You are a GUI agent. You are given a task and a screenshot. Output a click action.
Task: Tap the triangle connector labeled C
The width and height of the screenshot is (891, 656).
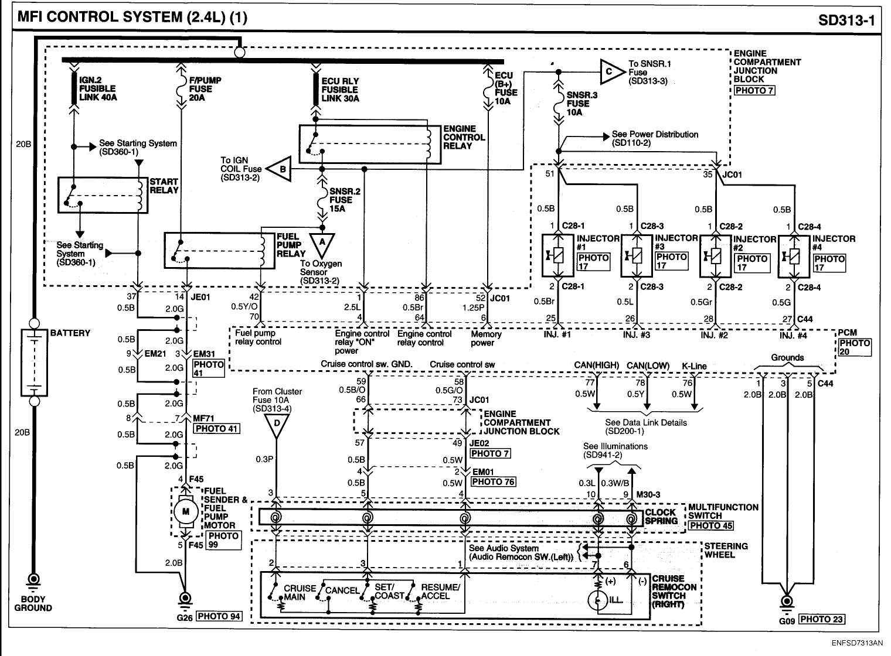pos(611,72)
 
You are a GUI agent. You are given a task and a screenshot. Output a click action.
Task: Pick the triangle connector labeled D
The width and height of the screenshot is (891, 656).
pos(277,425)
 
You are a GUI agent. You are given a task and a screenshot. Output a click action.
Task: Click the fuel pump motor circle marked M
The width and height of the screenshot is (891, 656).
pos(185,512)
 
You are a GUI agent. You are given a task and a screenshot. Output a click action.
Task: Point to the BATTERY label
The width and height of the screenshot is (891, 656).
pos(70,333)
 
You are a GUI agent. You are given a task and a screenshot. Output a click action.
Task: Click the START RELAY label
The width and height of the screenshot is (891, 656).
pos(164,186)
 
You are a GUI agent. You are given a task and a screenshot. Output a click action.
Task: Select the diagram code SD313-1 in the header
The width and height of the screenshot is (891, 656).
pos(846,20)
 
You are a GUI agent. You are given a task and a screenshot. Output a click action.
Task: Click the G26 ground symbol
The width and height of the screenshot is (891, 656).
pos(185,599)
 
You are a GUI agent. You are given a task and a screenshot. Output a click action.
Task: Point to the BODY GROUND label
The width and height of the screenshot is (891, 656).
pos(33,603)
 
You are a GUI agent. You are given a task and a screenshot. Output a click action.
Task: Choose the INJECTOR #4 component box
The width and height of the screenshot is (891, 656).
pos(794,257)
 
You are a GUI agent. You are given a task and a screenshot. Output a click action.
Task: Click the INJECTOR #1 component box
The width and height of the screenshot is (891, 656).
pos(557,255)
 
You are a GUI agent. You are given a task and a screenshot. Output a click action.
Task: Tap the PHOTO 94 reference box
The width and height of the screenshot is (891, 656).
pos(219,616)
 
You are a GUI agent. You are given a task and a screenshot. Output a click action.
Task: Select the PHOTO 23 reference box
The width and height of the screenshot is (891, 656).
pos(822,619)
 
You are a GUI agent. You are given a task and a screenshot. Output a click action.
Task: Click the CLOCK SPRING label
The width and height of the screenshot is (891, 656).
pos(661,517)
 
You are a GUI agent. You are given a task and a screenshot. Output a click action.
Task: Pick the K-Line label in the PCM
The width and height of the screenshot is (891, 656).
pos(694,366)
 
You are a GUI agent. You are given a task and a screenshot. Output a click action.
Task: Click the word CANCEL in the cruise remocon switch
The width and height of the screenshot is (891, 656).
pos(342,590)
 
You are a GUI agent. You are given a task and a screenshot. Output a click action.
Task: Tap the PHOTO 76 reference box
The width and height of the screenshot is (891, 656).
pos(493,482)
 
